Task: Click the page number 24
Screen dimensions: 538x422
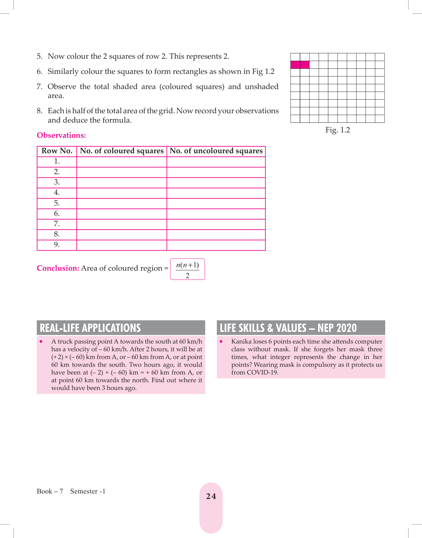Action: click(x=211, y=496)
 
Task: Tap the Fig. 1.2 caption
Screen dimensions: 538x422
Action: click(x=337, y=130)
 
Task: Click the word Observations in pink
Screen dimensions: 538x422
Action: click(x=61, y=135)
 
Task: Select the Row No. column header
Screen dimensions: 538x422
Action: click(x=57, y=151)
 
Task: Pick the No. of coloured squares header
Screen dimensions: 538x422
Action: click(x=122, y=151)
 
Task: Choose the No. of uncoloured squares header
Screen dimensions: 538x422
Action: click(x=216, y=151)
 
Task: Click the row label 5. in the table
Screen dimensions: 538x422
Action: click(x=57, y=203)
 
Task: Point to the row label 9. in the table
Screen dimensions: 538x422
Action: click(x=57, y=245)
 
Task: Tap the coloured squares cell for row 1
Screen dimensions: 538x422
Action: click(x=122, y=162)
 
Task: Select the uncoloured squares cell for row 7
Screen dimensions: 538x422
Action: click(x=216, y=224)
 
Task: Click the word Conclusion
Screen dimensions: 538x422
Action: click(x=58, y=268)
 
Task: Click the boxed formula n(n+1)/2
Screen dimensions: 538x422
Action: click(x=187, y=269)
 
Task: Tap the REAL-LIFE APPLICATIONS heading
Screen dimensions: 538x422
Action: click(x=90, y=328)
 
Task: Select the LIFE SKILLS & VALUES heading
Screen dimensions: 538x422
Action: click(x=288, y=328)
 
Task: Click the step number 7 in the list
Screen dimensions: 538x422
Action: click(x=39, y=87)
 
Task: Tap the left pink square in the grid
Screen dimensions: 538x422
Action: click(x=295, y=65)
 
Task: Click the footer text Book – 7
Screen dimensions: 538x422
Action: click(x=50, y=491)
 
